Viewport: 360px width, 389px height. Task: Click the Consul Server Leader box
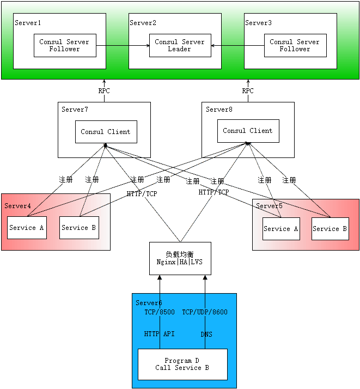tap(179, 45)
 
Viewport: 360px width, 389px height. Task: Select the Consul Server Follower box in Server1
tap(65, 45)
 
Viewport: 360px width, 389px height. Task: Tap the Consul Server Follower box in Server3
tap(295, 45)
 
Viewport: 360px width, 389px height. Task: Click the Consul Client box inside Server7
tap(106, 132)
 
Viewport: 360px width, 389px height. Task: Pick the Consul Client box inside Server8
tap(248, 131)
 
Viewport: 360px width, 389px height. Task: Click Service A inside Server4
tap(26, 228)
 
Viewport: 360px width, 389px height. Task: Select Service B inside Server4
tap(79, 228)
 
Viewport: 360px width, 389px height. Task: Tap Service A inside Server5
tap(281, 229)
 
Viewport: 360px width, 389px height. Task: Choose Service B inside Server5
tap(330, 229)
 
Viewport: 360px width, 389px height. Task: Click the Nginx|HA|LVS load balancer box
tap(180, 258)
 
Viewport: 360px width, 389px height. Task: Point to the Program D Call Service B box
tap(182, 364)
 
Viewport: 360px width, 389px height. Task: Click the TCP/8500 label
tap(160, 312)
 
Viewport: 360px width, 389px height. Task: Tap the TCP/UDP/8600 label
tap(205, 312)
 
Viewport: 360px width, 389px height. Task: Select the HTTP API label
tap(160, 333)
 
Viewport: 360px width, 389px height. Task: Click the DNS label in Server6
tap(206, 334)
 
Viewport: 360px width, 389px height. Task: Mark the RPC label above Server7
tap(104, 91)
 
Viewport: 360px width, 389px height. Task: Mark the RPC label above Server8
tap(248, 91)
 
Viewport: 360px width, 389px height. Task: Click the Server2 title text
tap(143, 23)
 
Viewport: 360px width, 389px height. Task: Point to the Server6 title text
tap(149, 303)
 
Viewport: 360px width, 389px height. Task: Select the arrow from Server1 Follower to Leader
tap(123, 45)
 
